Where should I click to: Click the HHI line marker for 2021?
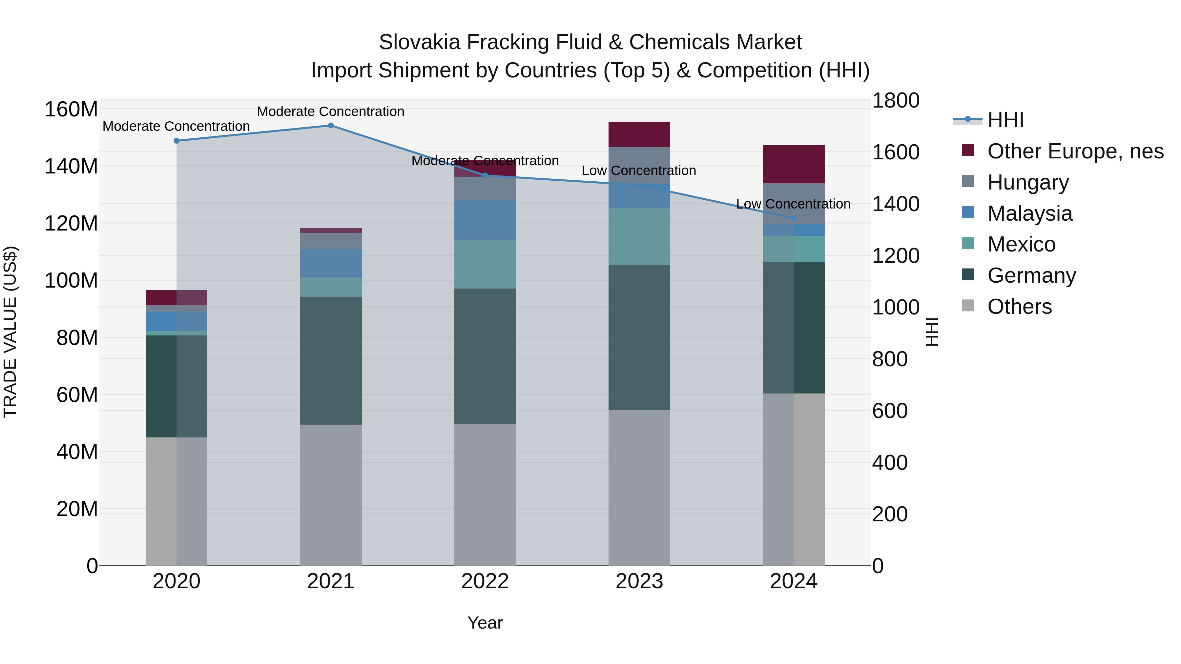[331, 126]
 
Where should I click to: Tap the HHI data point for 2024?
[794, 219]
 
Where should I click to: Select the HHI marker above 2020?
[176, 141]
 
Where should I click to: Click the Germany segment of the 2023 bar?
[639, 337]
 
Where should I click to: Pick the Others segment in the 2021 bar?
[331, 495]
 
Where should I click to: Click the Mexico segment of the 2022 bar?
[485, 264]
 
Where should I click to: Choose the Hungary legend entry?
[1028, 182]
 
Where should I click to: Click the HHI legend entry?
[1005, 120]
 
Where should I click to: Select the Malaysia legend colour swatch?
[967, 212]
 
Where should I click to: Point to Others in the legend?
[1019, 307]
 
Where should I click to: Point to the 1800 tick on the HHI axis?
[895, 100]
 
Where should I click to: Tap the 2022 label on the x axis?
[485, 581]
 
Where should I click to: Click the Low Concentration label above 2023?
[639, 171]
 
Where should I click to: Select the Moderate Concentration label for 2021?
[331, 111]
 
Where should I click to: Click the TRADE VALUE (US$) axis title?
[10, 332]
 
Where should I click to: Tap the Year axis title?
[485, 623]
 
